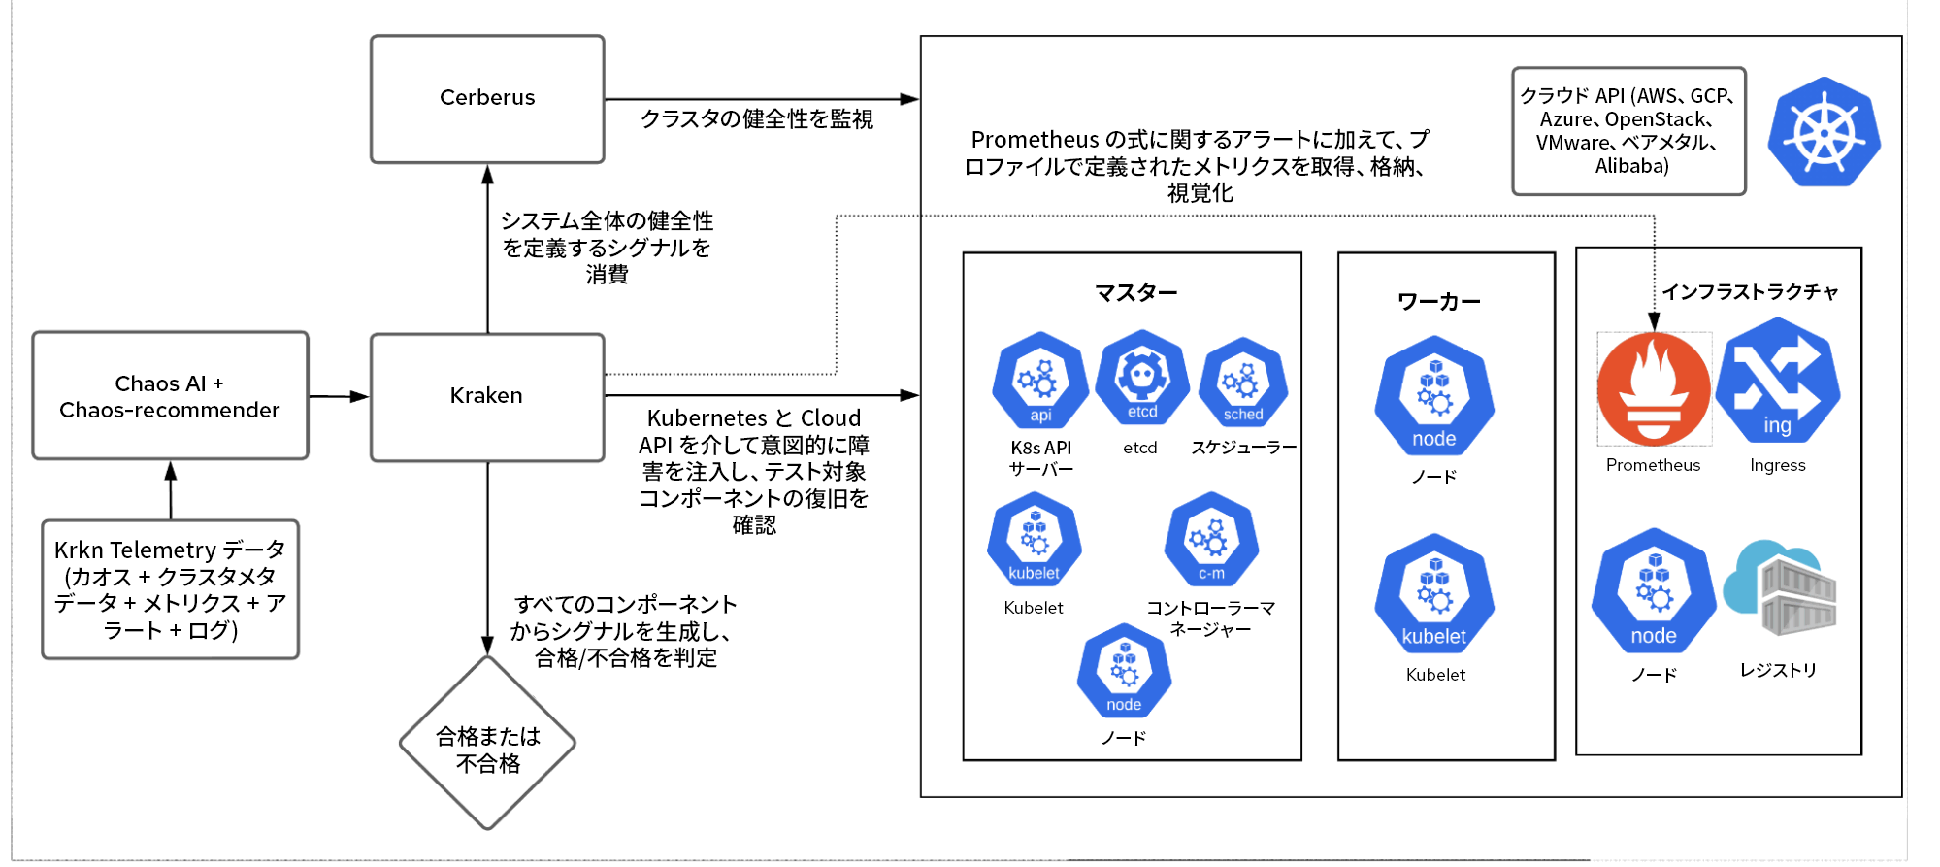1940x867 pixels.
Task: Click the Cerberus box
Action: point(487,99)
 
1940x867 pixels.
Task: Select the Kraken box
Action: point(487,397)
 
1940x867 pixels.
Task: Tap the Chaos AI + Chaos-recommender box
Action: point(170,396)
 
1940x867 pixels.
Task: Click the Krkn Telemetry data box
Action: point(170,589)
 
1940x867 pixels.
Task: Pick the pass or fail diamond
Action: point(487,744)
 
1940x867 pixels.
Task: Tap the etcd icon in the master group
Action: point(1142,380)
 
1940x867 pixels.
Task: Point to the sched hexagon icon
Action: point(1243,383)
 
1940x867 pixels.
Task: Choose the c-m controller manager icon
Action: point(1211,540)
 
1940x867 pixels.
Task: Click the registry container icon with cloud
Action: point(1780,588)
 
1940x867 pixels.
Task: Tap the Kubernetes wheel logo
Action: point(1824,132)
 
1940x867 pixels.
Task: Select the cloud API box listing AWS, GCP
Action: point(1628,131)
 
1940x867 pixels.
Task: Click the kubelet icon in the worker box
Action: point(1434,593)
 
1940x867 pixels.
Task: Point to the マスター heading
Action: point(1135,292)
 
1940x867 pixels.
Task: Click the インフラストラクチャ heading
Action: point(1750,292)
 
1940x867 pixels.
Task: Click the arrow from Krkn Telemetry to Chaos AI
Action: point(171,490)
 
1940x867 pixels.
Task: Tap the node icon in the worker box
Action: point(1434,396)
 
